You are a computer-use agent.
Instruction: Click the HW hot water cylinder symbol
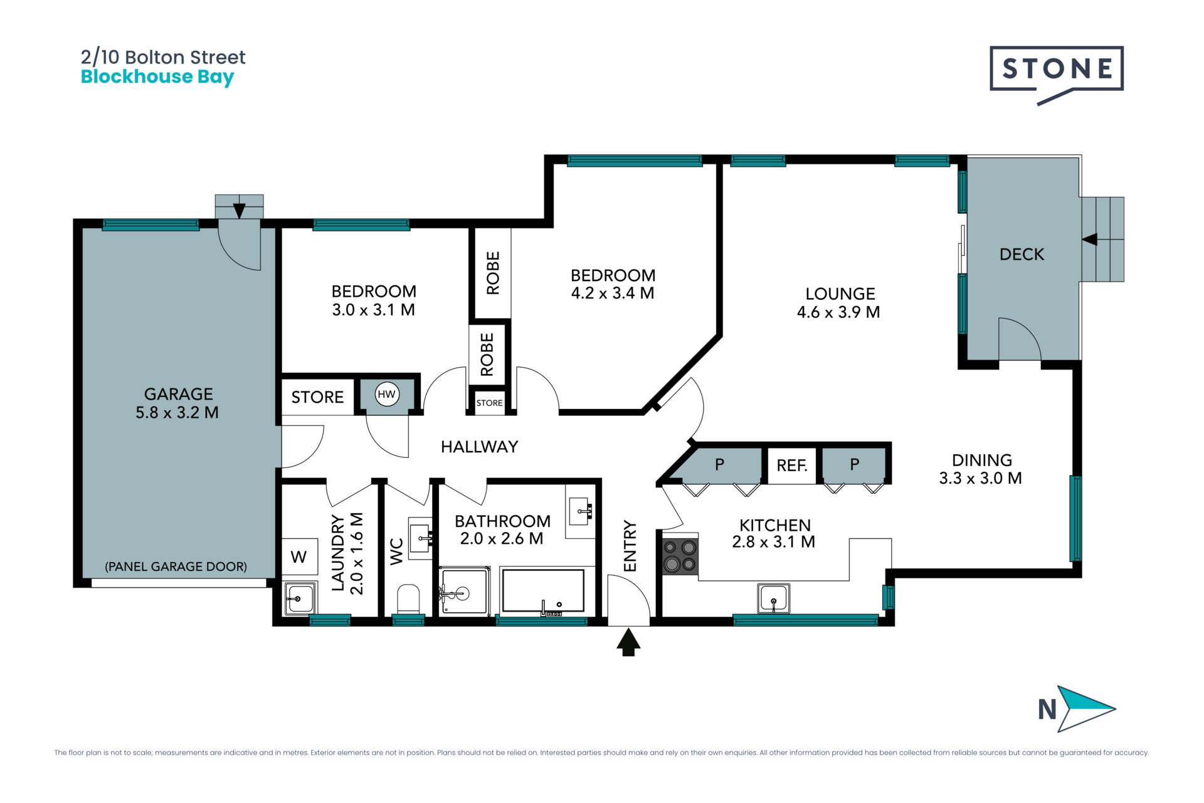tap(387, 395)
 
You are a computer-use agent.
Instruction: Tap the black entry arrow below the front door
tap(628, 643)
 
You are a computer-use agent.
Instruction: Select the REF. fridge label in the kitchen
tap(792, 465)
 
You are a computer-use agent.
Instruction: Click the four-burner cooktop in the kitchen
tap(680, 555)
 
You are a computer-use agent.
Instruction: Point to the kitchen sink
tap(773, 598)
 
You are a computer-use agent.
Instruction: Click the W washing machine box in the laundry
tap(298, 556)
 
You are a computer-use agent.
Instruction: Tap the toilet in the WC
tap(408, 599)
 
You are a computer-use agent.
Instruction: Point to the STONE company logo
tap(1057, 75)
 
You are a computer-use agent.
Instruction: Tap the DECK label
tap(1022, 254)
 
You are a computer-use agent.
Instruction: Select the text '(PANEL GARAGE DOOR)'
tap(176, 566)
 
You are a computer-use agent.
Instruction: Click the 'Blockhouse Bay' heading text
tap(157, 77)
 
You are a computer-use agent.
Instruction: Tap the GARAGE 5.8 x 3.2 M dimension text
tap(177, 412)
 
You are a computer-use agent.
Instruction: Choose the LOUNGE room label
tap(840, 294)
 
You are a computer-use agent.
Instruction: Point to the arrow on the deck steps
tap(1090, 239)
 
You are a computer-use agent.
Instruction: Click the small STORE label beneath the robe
tap(489, 403)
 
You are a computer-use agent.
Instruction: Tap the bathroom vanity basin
tap(580, 511)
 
